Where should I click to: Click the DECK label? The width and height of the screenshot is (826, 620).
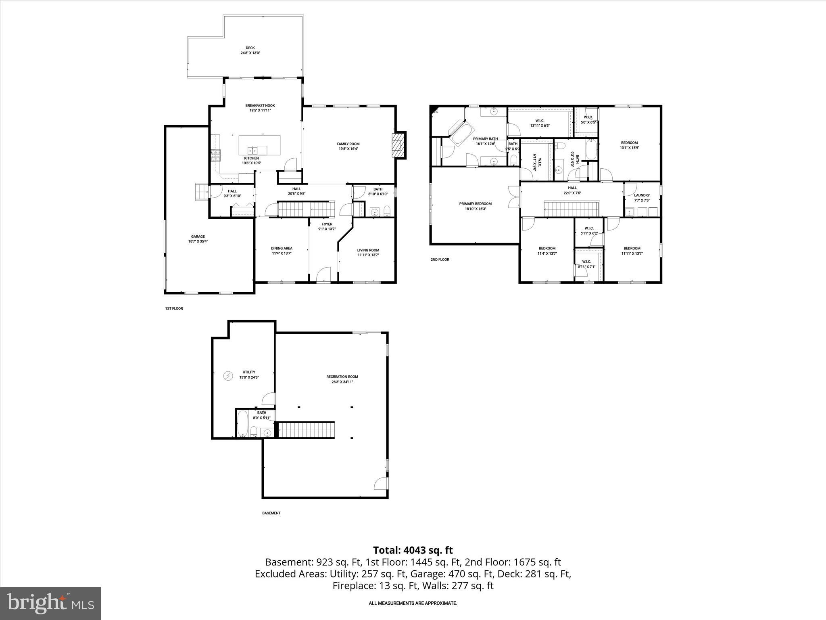(250, 48)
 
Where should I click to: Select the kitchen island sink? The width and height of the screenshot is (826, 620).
(253, 150)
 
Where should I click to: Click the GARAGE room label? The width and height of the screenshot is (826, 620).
(198, 237)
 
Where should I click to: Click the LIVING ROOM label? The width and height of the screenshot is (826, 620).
(368, 250)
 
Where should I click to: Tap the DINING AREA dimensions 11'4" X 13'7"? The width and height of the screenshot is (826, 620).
(282, 253)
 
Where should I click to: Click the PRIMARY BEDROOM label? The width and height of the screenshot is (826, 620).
(475, 203)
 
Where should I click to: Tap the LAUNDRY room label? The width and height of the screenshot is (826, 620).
(642, 195)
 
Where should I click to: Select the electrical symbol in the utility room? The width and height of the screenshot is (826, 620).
(228, 376)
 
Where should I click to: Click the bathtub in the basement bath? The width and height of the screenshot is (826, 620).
(243, 423)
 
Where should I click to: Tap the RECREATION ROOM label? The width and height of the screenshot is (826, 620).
(342, 377)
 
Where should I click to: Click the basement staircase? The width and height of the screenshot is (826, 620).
(307, 429)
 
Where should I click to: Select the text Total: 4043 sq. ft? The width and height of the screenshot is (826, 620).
(413, 550)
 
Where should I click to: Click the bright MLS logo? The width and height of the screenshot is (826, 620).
(50, 603)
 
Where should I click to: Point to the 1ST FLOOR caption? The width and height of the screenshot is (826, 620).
(174, 308)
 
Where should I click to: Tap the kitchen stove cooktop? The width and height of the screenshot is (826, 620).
(215, 155)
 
